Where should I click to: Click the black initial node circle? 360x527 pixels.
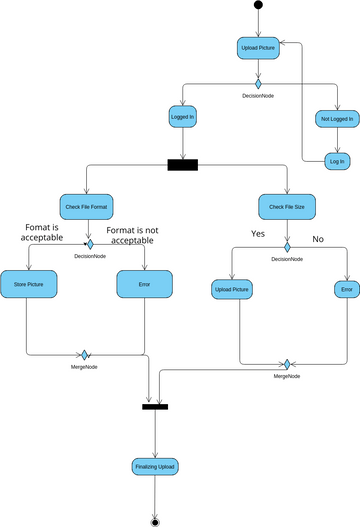point(258,6)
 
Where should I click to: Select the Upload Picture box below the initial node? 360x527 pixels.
point(258,48)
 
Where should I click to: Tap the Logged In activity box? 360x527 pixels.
point(183,118)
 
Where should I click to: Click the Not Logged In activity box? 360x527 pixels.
point(337,119)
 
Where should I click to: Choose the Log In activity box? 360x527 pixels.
point(337,160)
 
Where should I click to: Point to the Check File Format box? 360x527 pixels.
point(89,207)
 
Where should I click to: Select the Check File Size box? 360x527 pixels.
point(287,207)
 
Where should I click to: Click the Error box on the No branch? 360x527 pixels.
point(346,290)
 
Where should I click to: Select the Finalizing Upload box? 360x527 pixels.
point(155,467)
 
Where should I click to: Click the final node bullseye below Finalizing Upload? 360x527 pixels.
point(155,521)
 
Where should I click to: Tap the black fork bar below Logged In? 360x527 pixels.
point(183,165)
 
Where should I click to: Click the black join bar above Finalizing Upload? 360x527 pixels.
point(155,406)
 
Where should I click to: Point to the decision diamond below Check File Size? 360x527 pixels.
point(287,246)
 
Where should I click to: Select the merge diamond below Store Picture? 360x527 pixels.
point(86,354)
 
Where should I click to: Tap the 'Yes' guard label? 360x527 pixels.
point(258,234)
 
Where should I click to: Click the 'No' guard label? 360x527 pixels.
point(318,239)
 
